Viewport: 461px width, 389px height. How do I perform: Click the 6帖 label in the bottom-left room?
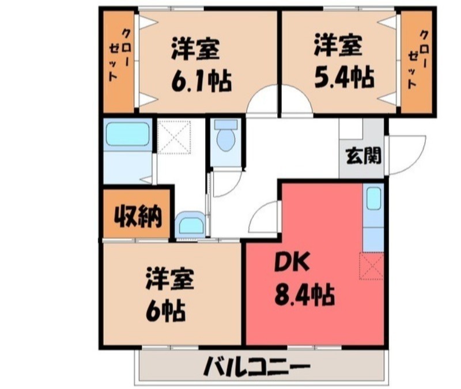(x=165, y=311)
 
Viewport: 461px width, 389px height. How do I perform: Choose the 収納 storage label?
(x=137, y=216)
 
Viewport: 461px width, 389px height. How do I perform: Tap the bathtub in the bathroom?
(x=128, y=134)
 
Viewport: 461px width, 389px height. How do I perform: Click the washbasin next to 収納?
(x=189, y=224)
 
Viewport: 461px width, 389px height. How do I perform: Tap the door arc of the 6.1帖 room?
(x=263, y=101)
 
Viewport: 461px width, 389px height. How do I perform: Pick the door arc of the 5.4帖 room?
(x=296, y=101)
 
